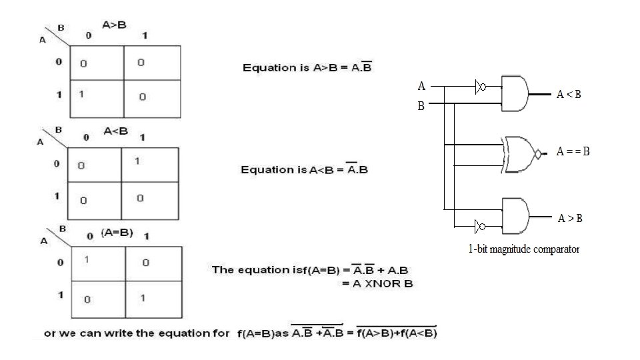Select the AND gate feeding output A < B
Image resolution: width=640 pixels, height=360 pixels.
click(515, 93)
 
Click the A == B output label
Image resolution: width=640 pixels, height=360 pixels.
click(573, 152)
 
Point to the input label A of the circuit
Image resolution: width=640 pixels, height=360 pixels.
click(421, 86)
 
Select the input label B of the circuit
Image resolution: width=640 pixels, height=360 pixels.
click(421, 105)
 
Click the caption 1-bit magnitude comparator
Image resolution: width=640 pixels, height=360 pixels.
click(523, 250)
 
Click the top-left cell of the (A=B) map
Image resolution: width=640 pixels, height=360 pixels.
click(97, 264)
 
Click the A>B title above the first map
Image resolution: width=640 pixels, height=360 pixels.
click(114, 25)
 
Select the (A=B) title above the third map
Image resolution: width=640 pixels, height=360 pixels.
click(117, 233)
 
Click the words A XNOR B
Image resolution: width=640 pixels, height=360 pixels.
click(378, 284)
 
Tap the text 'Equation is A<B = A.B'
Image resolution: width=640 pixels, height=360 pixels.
click(304, 169)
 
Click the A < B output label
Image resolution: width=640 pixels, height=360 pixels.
click(569, 95)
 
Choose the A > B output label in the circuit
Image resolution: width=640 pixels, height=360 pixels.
click(570, 218)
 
